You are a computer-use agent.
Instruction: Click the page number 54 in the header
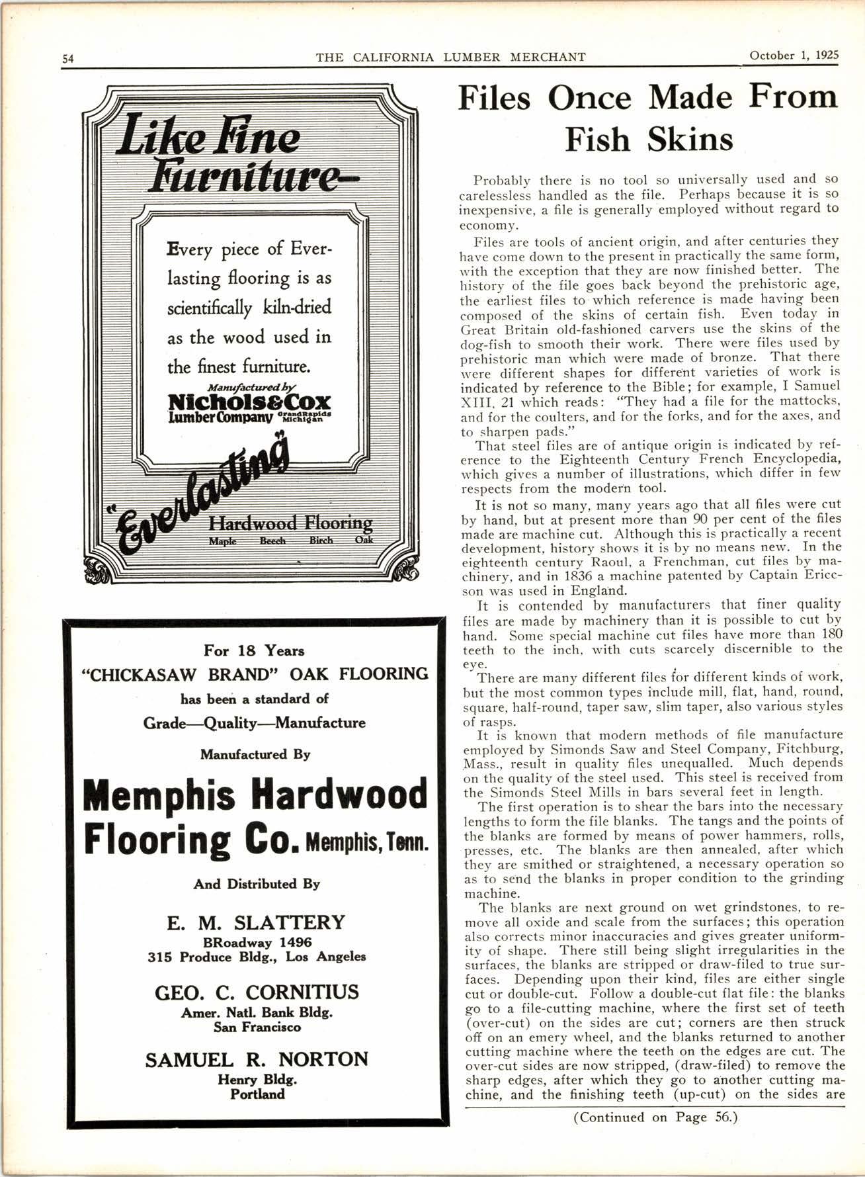(x=67, y=58)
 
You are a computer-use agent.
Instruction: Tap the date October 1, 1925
(x=794, y=56)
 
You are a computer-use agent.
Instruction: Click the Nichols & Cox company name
(x=249, y=402)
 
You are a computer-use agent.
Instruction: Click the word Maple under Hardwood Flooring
(x=223, y=541)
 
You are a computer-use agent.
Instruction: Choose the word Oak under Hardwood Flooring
(x=364, y=540)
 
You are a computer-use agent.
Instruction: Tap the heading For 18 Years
(x=255, y=650)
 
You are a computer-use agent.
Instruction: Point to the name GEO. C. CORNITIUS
(x=257, y=992)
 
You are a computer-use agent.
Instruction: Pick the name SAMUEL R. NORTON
(x=257, y=1060)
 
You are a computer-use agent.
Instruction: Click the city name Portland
(x=257, y=1094)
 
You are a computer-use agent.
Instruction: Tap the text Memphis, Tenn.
(x=368, y=844)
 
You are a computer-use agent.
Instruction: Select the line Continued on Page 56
(x=655, y=1117)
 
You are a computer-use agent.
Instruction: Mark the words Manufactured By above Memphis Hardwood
(x=255, y=754)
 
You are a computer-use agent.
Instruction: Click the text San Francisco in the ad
(x=257, y=1027)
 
